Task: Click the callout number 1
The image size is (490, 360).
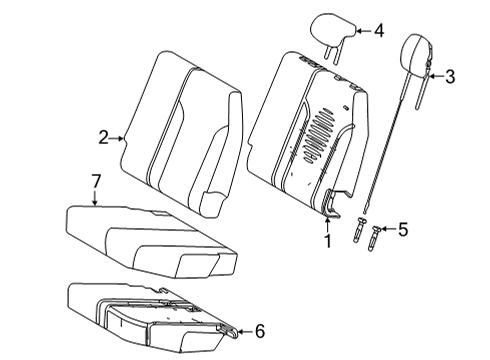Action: tap(326, 240)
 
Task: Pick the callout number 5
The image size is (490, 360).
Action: tap(402, 229)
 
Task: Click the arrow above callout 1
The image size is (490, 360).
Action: tap(326, 222)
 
